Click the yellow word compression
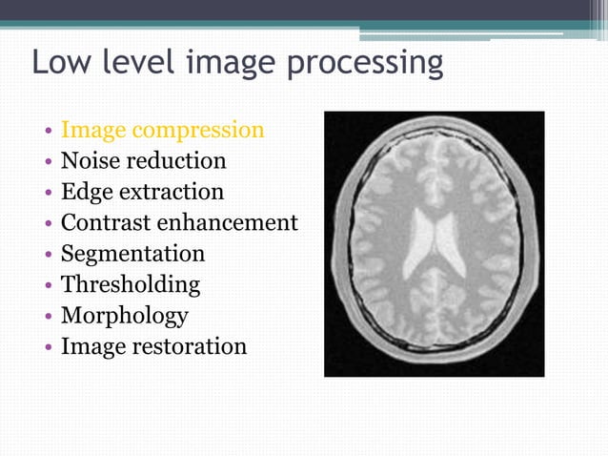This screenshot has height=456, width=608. click(x=199, y=131)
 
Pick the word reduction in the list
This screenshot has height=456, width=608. click(x=178, y=160)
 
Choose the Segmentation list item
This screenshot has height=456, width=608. click(x=132, y=254)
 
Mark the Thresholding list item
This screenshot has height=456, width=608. click(x=131, y=284)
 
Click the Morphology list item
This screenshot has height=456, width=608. click(x=124, y=316)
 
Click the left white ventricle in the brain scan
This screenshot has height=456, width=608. click(x=420, y=243)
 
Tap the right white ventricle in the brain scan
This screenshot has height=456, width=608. click(x=453, y=243)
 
